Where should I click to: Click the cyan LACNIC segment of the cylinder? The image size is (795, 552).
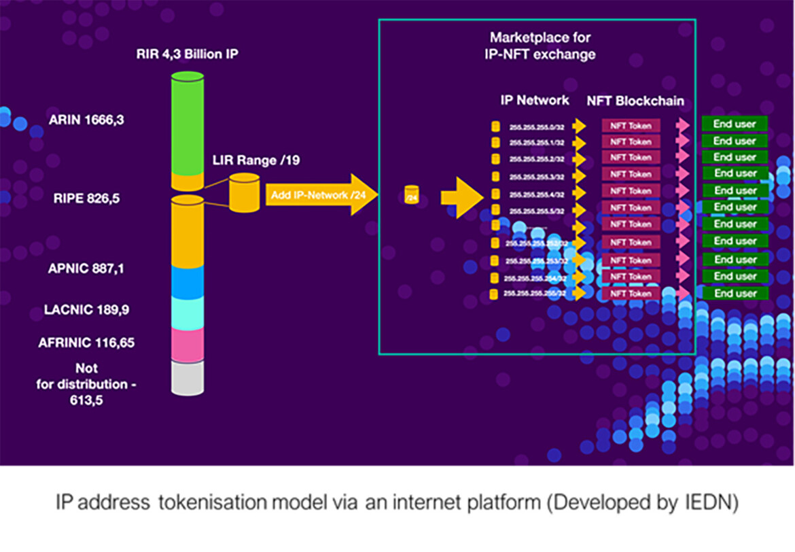coord(187,313)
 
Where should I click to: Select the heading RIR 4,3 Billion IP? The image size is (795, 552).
coord(190,53)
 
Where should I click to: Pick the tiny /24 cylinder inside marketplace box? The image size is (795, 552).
coord(410,195)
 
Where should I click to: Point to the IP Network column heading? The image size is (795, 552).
coord(535,101)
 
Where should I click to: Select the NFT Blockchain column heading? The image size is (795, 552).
coord(635,101)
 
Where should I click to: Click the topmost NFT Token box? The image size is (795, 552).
coord(630,126)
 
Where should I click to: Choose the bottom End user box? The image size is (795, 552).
coord(735,294)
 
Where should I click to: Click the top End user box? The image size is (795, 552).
coord(735,124)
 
